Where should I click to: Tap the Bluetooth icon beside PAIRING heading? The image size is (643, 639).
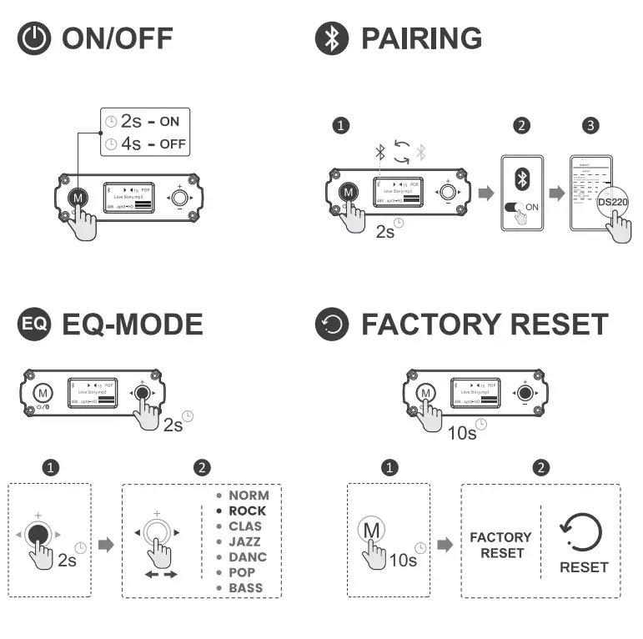332,38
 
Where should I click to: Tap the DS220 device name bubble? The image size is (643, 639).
612,202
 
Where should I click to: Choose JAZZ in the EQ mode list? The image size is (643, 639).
244,541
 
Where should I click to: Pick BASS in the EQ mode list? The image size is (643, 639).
245,587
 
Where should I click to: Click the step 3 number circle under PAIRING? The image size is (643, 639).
590,126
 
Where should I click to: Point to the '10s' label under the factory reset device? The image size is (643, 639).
463,431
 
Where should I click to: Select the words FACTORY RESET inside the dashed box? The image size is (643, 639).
500,545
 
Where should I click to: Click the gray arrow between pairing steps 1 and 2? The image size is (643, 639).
485,194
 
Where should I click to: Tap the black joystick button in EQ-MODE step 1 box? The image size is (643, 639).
36,534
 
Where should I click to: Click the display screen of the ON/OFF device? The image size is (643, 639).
128,197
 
